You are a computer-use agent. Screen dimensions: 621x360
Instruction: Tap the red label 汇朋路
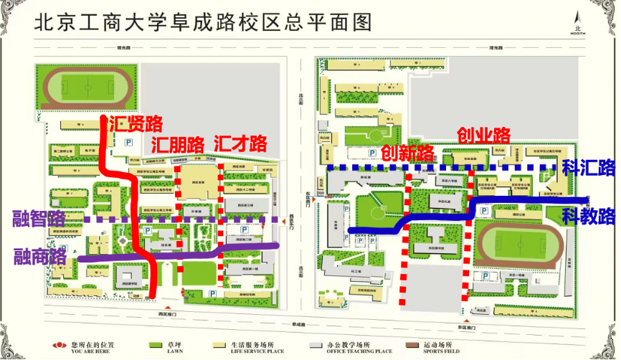[x=178, y=143]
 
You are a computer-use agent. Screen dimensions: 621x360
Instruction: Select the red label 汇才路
[x=240, y=143]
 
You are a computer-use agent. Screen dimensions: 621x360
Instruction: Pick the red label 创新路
[x=407, y=153]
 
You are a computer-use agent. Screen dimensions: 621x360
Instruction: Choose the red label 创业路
[x=484, y=135]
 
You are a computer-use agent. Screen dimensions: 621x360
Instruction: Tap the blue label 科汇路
[x=589, y=169]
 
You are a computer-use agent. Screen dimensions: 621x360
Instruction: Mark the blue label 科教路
[x=589, y=214]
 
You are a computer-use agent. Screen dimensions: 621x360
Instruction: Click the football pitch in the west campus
[x=86, y=88]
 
